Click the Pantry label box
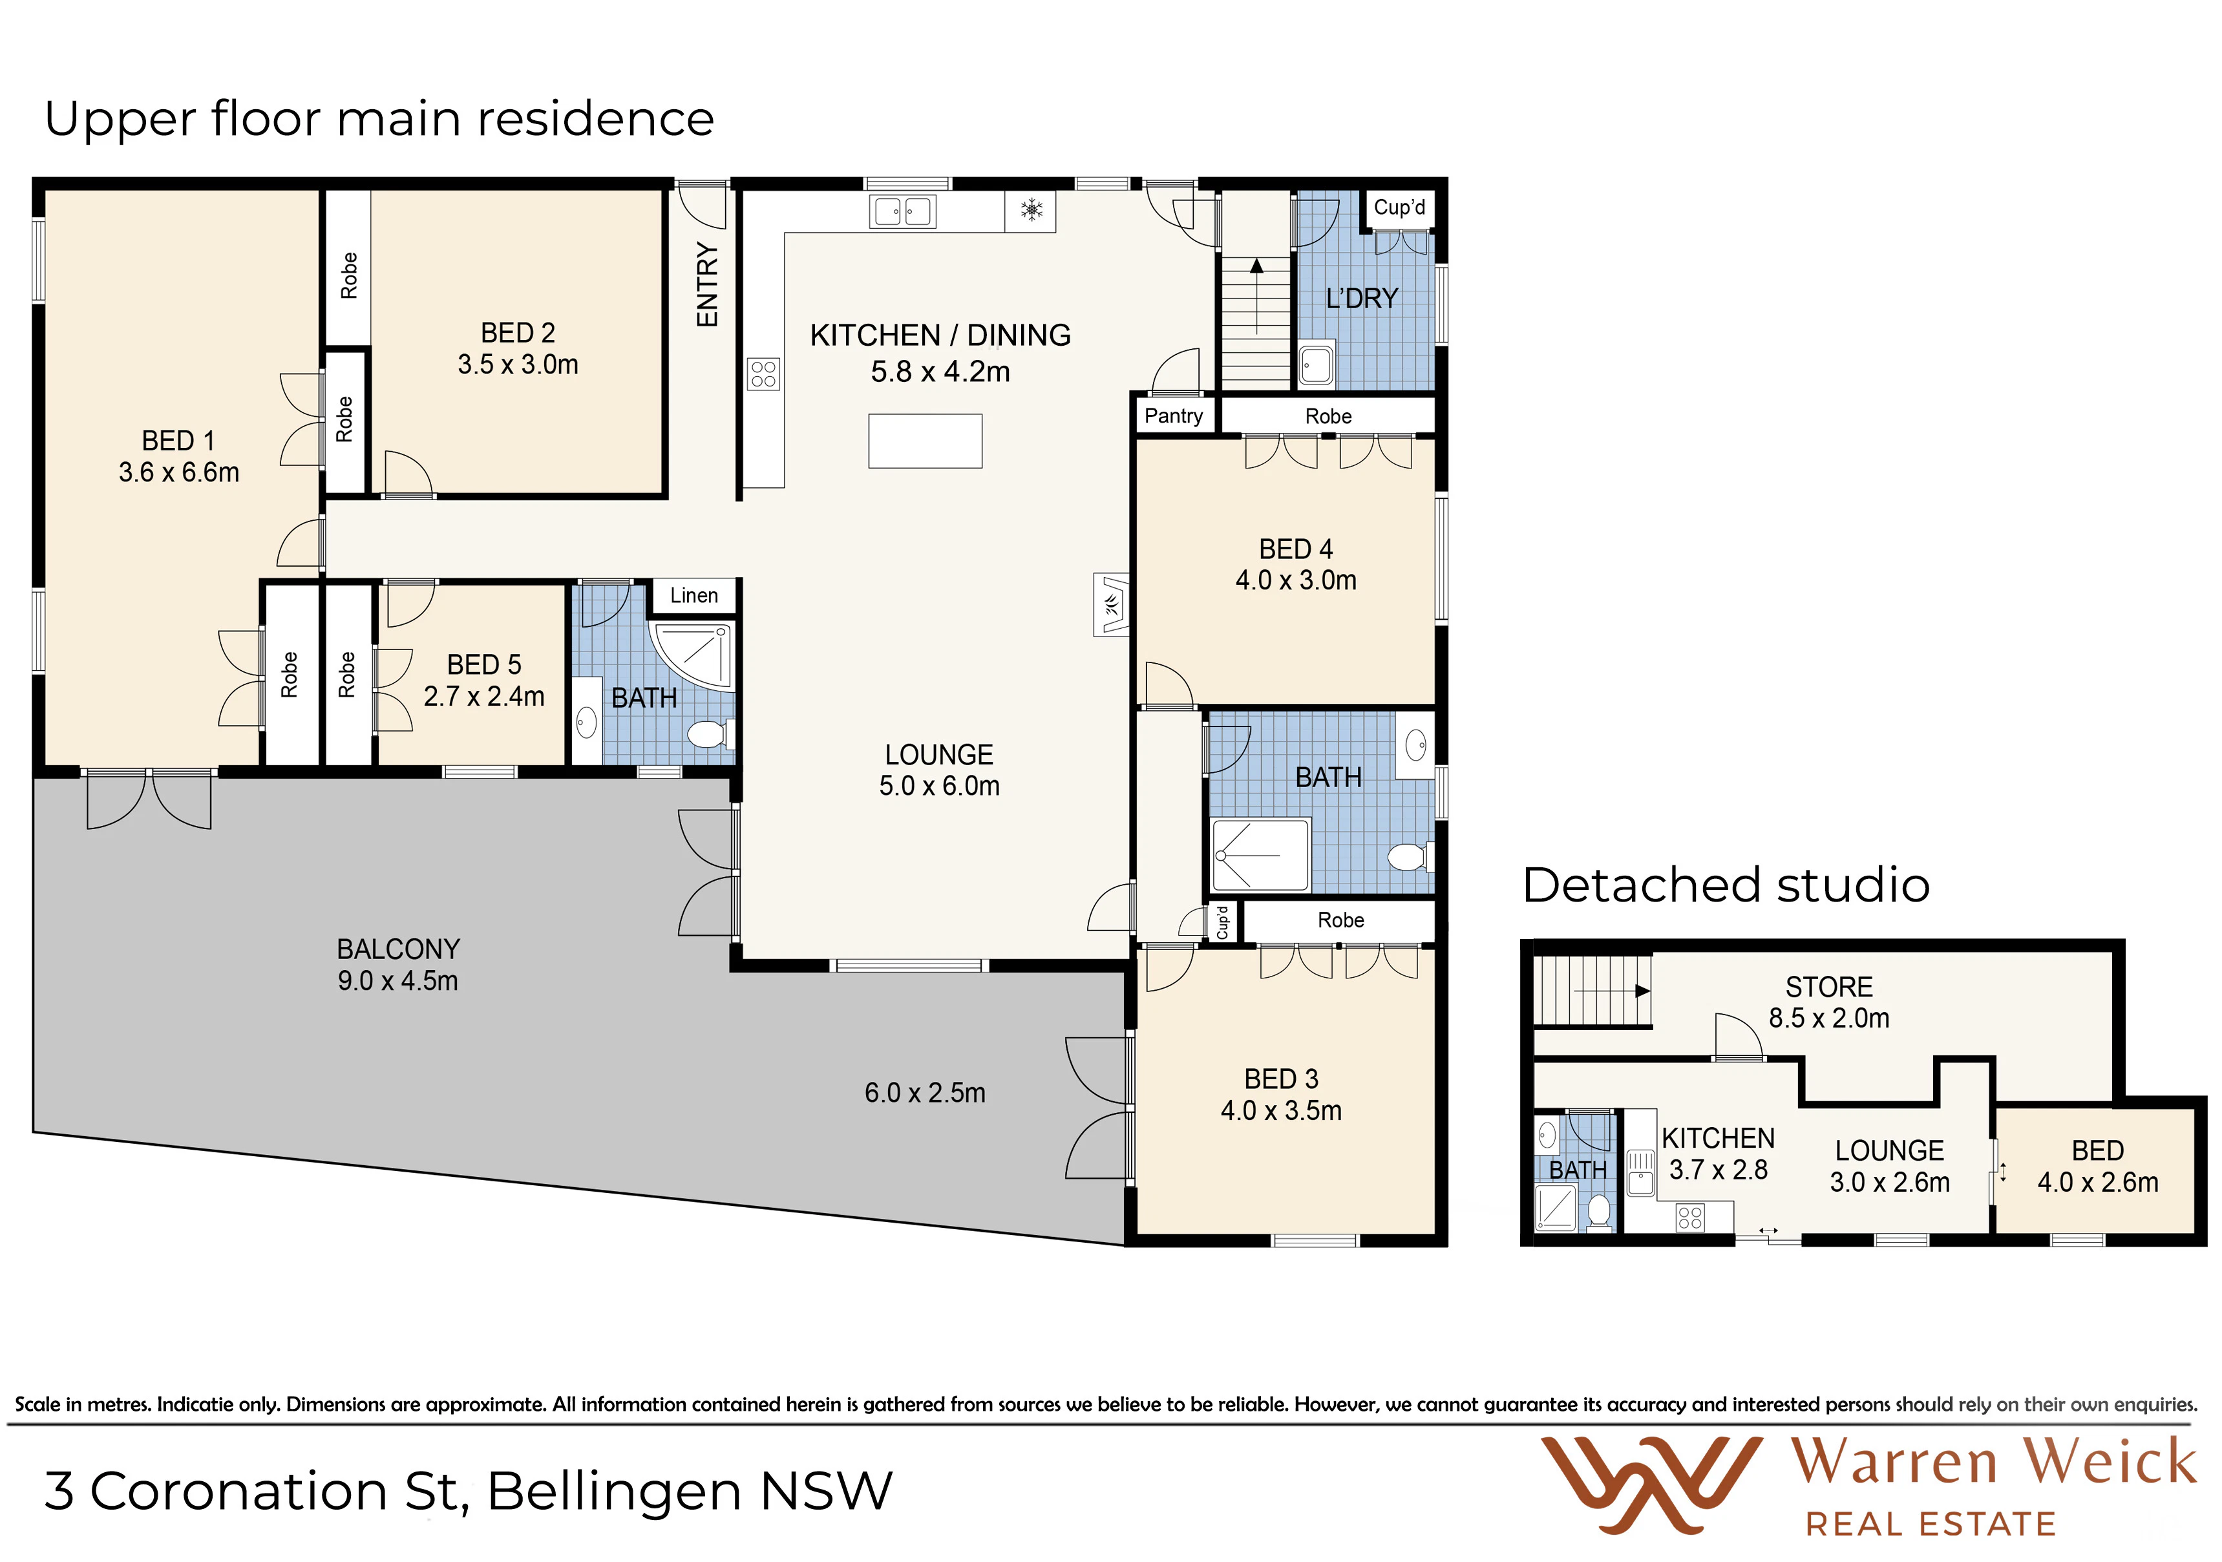(1174, 416)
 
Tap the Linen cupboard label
(694, 596)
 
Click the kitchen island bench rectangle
(926, 441)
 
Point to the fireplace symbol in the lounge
(1111, 604)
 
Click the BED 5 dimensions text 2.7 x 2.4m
(484, 697)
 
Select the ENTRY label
(708, 284)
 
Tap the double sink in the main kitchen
(902, 211)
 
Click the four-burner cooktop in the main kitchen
(763, 374)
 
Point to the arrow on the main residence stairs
(1256, 295)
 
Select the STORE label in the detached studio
(1829, 987)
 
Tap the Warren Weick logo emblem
(1649, 1484)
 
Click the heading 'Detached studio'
(1726, 885)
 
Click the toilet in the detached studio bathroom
(1599, 1212)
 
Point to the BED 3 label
(1282, 1079)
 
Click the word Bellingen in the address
(615, 1492)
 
